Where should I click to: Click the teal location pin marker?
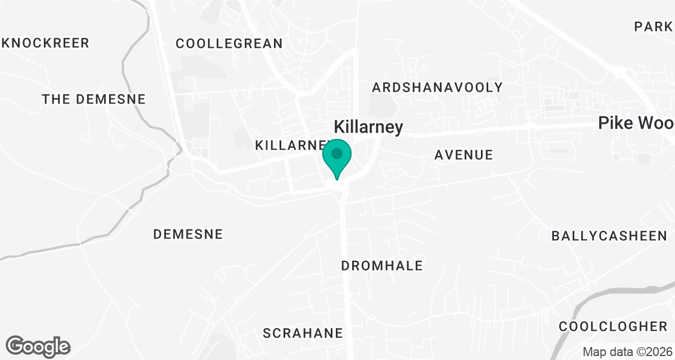[x=337, y=158]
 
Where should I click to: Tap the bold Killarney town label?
[x=368, y=127]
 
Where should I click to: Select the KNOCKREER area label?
[x=46, y=43]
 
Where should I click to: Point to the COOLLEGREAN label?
[x=229, y=43]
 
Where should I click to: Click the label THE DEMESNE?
[x=94, y=100]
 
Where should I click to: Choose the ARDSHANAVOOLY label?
[x=437, y=87]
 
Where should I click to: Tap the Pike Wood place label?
[x=636, y=124]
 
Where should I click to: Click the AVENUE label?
[x=463, y=155]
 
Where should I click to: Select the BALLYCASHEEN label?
[x=609, y=236]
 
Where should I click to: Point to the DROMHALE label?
[x=382, y=265]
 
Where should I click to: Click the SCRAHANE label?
[x=303, y=333]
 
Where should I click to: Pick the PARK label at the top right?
[x=653, y=26]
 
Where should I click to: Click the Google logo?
[x=38, y=346]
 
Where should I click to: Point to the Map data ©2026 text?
[x=627, y=352]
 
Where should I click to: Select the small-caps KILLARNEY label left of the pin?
[x=290, y=145]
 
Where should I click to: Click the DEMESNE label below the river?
[x=188, y=234]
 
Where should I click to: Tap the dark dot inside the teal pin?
[x=337, y=153]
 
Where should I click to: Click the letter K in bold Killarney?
[x=339, y=127]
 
